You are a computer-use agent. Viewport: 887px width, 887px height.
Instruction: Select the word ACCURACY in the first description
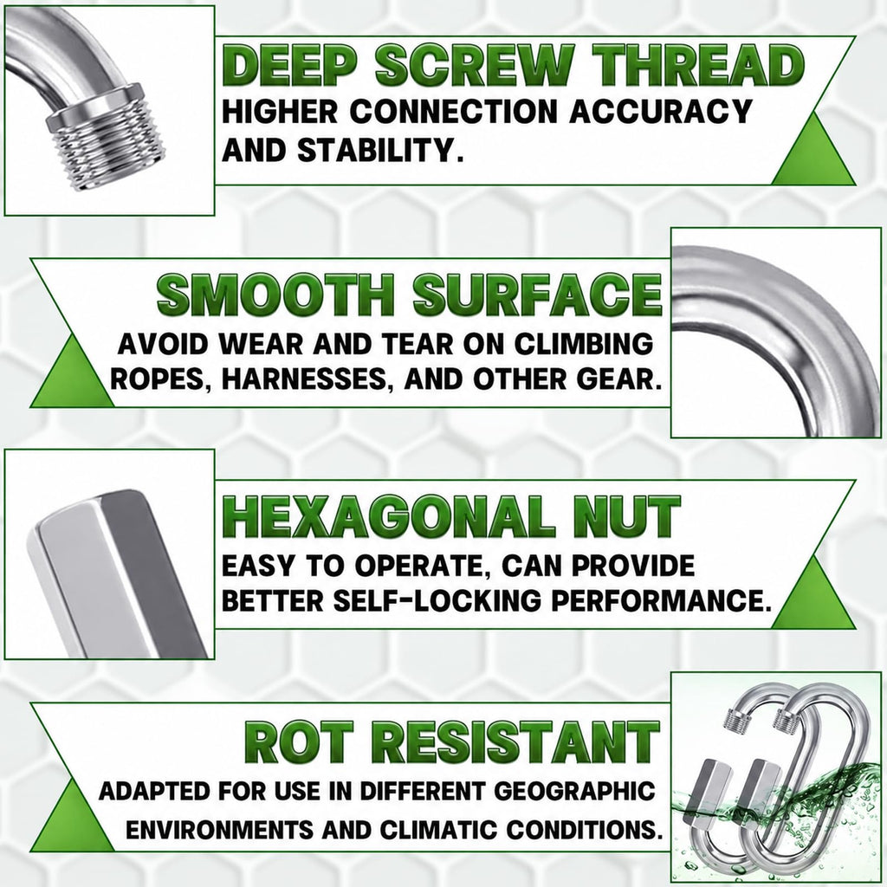tap(660, 111)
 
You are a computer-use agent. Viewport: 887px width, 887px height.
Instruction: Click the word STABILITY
tap(376, 150)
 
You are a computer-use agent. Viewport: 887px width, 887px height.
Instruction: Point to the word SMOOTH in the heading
tap(275, 295)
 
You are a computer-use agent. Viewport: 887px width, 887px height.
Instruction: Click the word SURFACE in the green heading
tap(537, 295)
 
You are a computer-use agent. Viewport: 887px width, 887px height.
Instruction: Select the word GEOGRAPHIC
tap(574, 792)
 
